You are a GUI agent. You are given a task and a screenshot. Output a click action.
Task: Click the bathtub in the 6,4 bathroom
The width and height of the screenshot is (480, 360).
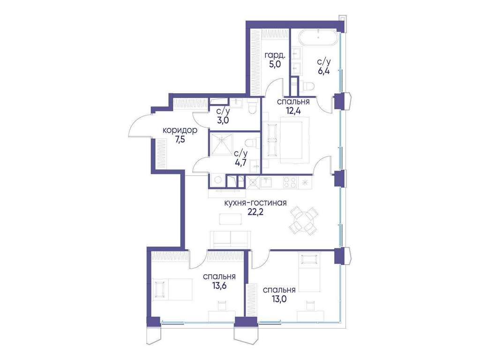pos(319,37)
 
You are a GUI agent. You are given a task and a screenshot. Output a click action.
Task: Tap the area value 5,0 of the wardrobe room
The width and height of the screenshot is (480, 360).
pos(275,65)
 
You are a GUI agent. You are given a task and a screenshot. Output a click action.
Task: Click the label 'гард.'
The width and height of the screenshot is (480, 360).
pos(275,56)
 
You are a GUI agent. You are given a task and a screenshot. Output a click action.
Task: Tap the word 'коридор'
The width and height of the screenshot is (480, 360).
pos(180,131)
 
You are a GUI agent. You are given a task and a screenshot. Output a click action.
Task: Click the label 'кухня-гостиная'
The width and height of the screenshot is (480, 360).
pos(255,202)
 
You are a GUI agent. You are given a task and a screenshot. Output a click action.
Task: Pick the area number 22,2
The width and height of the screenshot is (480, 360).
pos(255,212)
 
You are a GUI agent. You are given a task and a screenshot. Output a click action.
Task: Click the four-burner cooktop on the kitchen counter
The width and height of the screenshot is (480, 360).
pos(290,182)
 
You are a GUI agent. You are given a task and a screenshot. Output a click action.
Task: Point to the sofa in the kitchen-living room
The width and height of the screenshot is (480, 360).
pos(230,239)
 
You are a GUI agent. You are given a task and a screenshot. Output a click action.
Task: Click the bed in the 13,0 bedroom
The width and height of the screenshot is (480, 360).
pos(309,272)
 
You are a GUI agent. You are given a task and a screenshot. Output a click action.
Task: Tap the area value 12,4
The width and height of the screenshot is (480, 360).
pos(293,111)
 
